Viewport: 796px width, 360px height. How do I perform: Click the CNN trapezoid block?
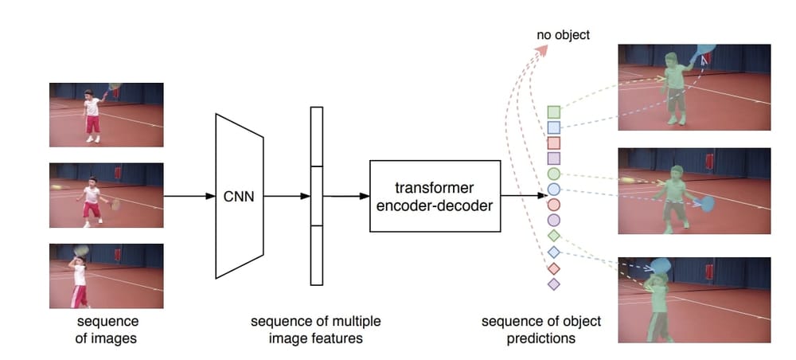(240, 196)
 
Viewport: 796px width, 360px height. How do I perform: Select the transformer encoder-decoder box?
(435, 196)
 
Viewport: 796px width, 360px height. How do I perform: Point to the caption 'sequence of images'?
(107, 329)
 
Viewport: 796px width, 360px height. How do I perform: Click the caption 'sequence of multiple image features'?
(315, 330)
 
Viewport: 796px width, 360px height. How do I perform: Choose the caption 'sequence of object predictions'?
(541, 330)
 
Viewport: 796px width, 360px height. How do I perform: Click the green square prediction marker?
(554, 112)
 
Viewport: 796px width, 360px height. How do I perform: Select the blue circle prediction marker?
(554, 190)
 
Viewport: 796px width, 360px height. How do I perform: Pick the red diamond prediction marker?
(554, 268)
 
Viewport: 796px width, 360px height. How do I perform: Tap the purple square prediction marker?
(554, 158)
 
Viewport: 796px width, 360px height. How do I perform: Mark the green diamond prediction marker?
(554, 236)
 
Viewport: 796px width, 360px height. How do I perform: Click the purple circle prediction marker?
(554, 220)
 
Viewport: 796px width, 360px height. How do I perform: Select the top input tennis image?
(107, 115)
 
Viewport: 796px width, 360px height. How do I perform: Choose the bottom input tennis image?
(107, 276)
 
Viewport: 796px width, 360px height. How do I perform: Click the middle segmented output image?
(694, 191)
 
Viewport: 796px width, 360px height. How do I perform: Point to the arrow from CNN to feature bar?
(287, 196)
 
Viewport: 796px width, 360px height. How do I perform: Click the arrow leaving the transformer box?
(521, 196)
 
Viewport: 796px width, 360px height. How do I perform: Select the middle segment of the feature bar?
(316, 196)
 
